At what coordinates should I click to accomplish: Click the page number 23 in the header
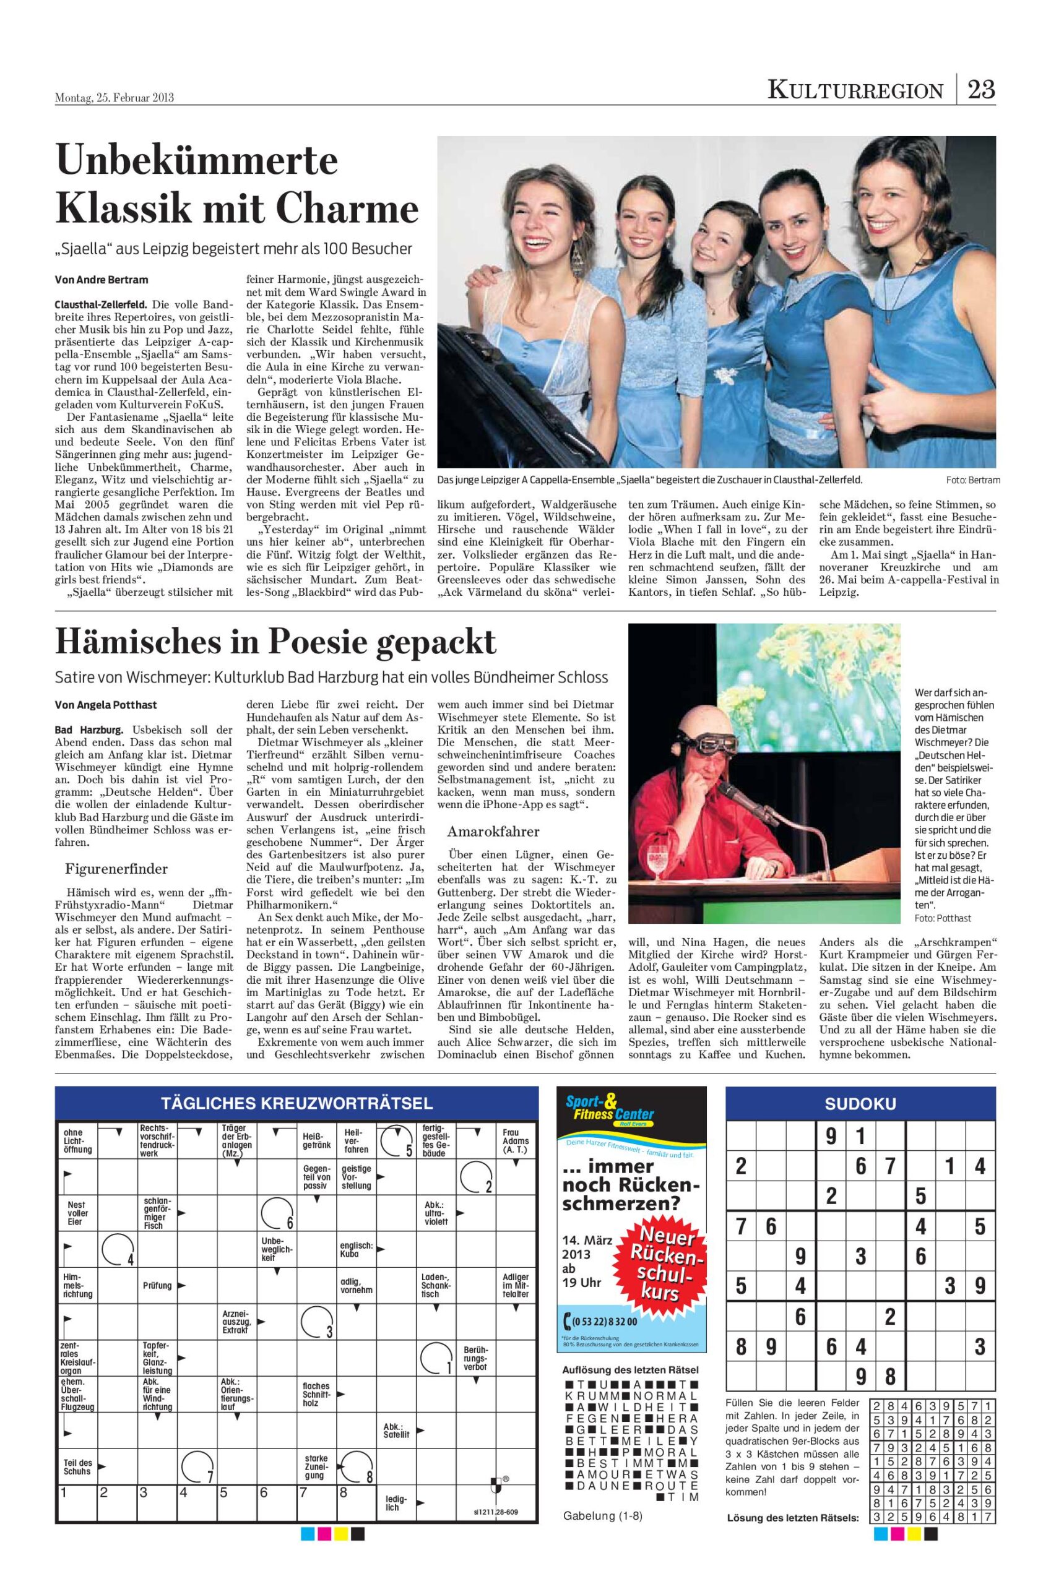pyautogui.click(x=980, y=89)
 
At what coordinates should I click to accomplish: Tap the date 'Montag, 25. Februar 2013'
pyautogui.click(x=115, y=98)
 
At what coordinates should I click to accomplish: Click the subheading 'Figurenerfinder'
pyautogui.click(x=116, y=869)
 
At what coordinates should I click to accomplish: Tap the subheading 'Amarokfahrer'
pyautogui.click(x=493, y=832)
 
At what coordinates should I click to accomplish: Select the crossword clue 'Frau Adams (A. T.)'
pyautogui.click(x=516, y=1140)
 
